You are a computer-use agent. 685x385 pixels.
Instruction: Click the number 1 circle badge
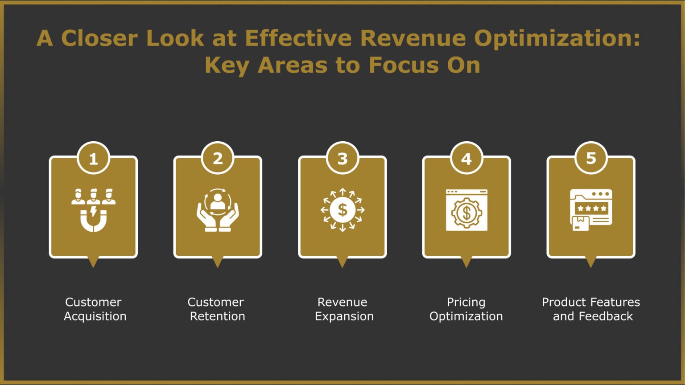pyautogui.click(x=93, y=159)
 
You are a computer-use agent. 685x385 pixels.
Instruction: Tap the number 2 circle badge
pyautogui.click(x=218, y=158)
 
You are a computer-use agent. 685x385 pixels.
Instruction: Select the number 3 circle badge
pyautogui.click(x=342, y=158)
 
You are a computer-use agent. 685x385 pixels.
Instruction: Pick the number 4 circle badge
pyautogui.click(x=466, y=158)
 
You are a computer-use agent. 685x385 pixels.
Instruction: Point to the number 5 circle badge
pyautogui.click(x=590, y=158)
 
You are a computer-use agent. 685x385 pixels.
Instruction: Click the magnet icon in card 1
pyautogui.click(x=93, y=210)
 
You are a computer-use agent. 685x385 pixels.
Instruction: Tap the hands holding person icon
pyautogui.click(x=218, y=210)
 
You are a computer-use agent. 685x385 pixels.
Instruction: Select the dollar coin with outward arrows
pyautogui.click(x=342, y=210)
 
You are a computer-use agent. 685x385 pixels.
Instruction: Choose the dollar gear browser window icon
pyautogui.click(x=466, y=210)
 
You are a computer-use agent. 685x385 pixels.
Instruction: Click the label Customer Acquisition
pyautogui.click(x=95, y=309)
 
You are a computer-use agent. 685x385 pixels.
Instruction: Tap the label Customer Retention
pyautogui.click(x=217, y=309)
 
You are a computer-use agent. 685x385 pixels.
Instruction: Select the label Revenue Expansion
pyautogui.click(x=343, y=309)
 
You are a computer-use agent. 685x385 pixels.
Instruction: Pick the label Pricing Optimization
pyautogui.click(x=466, y=309)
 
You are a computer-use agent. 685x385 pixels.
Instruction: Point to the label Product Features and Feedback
pyautogui.click(x=591, y=309)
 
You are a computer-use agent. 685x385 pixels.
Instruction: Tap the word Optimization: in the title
pyautogui.click(x=557, y=39)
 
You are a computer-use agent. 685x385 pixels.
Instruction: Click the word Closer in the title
pyautogui.click(x=99, y=38)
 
